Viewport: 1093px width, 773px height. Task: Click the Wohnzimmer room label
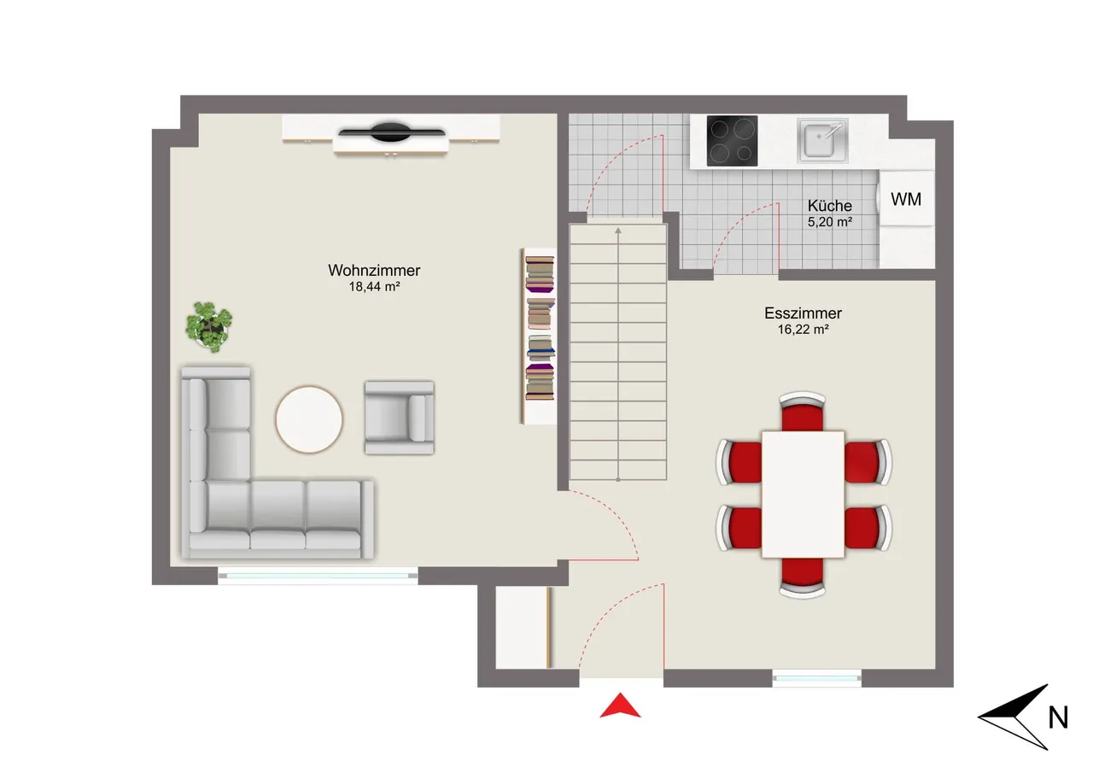click(374, 271)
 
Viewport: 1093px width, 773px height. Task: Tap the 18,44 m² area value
click(374, 286)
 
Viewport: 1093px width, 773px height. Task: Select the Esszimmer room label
click(803, 313)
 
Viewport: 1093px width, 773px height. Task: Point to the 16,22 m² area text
click(803, 330)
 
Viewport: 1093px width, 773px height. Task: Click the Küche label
click(829, 206)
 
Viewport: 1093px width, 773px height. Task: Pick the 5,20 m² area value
click(829, 222)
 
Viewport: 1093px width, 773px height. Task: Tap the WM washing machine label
click(906, 199)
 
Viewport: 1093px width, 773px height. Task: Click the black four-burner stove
click(732, 141)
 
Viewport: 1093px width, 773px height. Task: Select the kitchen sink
click(822, 140)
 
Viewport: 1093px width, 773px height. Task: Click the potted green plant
click(209, 327)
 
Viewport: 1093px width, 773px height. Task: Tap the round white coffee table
click(309, 419)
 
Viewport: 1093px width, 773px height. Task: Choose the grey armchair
click(399, 418)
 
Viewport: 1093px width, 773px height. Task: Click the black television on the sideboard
click(391, 132)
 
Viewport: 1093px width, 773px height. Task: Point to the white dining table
click(803, 494)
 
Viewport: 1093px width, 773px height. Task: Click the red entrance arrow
click(620, 706)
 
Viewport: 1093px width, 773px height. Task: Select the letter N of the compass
click(1058, 717)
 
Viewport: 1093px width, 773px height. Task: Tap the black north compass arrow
click(1014, 717)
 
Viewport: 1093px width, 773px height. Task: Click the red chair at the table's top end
click(802, 413)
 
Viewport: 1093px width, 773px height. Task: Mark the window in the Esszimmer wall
click(816, 678)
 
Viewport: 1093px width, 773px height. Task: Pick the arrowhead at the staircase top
click(617, 231)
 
